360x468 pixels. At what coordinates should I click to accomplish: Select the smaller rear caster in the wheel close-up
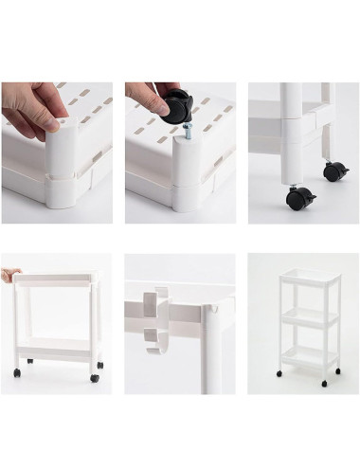pos(334,171)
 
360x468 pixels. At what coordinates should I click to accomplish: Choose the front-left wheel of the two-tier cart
pos(30,364)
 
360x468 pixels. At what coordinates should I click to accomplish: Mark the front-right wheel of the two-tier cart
pos(94,377)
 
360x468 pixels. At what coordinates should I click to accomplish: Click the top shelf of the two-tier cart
pos(57,279)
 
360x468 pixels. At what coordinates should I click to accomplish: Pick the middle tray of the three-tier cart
pos(306,317)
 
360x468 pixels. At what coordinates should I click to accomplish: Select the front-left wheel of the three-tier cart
pos(285,383)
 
